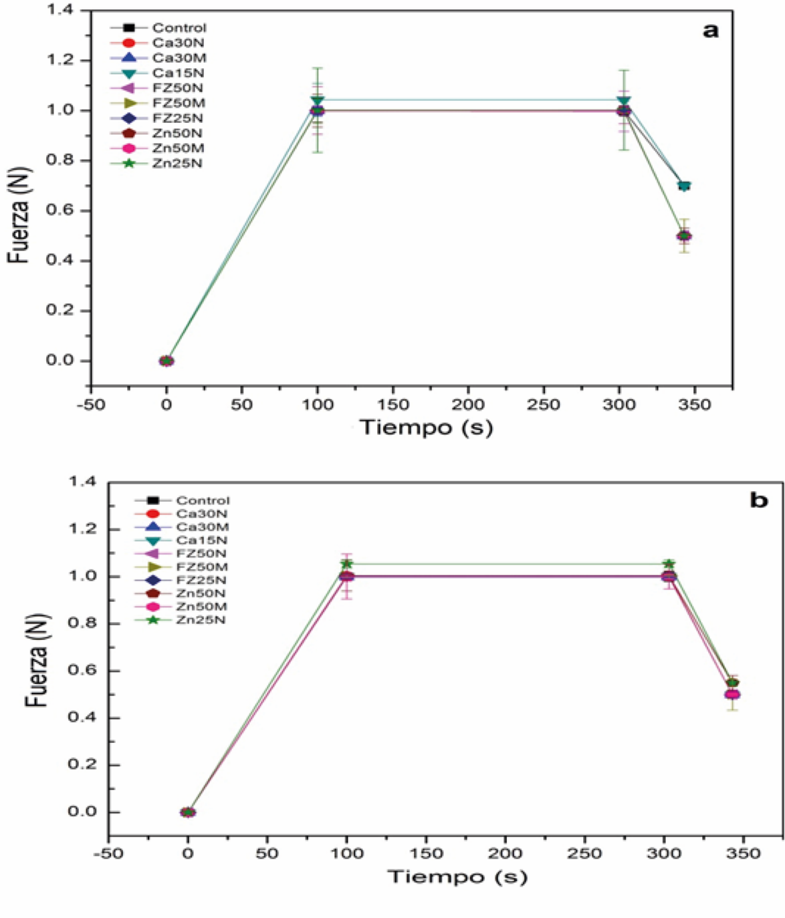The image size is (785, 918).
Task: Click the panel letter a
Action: [711, 30]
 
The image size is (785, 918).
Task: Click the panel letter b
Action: [758, 500]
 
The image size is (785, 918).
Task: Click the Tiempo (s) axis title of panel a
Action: [426, 427]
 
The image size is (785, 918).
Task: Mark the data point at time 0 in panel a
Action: [166, 361]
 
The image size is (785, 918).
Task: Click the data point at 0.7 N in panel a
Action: [683, 186]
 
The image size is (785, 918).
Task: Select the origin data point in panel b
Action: [188, 812]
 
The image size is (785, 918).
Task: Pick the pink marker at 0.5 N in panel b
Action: [732, 694]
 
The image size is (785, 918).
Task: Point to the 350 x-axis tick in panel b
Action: [743, 853]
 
